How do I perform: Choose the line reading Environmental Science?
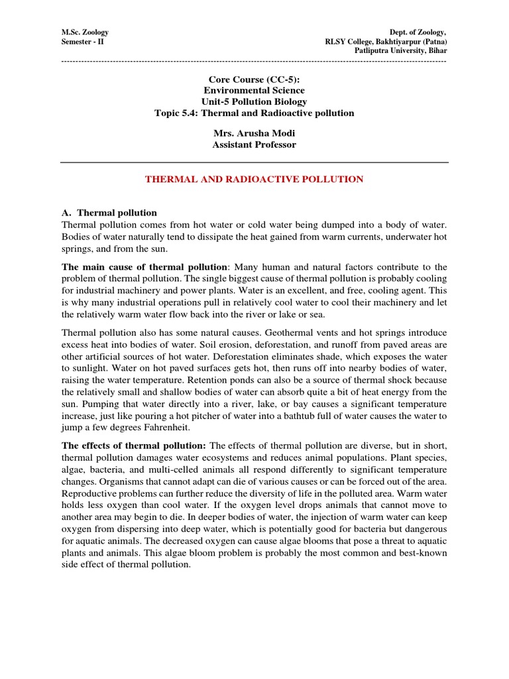tap(254, 90)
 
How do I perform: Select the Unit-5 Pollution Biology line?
tap(254, 101)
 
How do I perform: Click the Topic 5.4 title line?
tap(254, 113)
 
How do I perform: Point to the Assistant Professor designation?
tap(254, 144)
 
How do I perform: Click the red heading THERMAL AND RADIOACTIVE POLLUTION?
tap(254, 179)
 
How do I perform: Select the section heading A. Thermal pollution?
tap(109, 213)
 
